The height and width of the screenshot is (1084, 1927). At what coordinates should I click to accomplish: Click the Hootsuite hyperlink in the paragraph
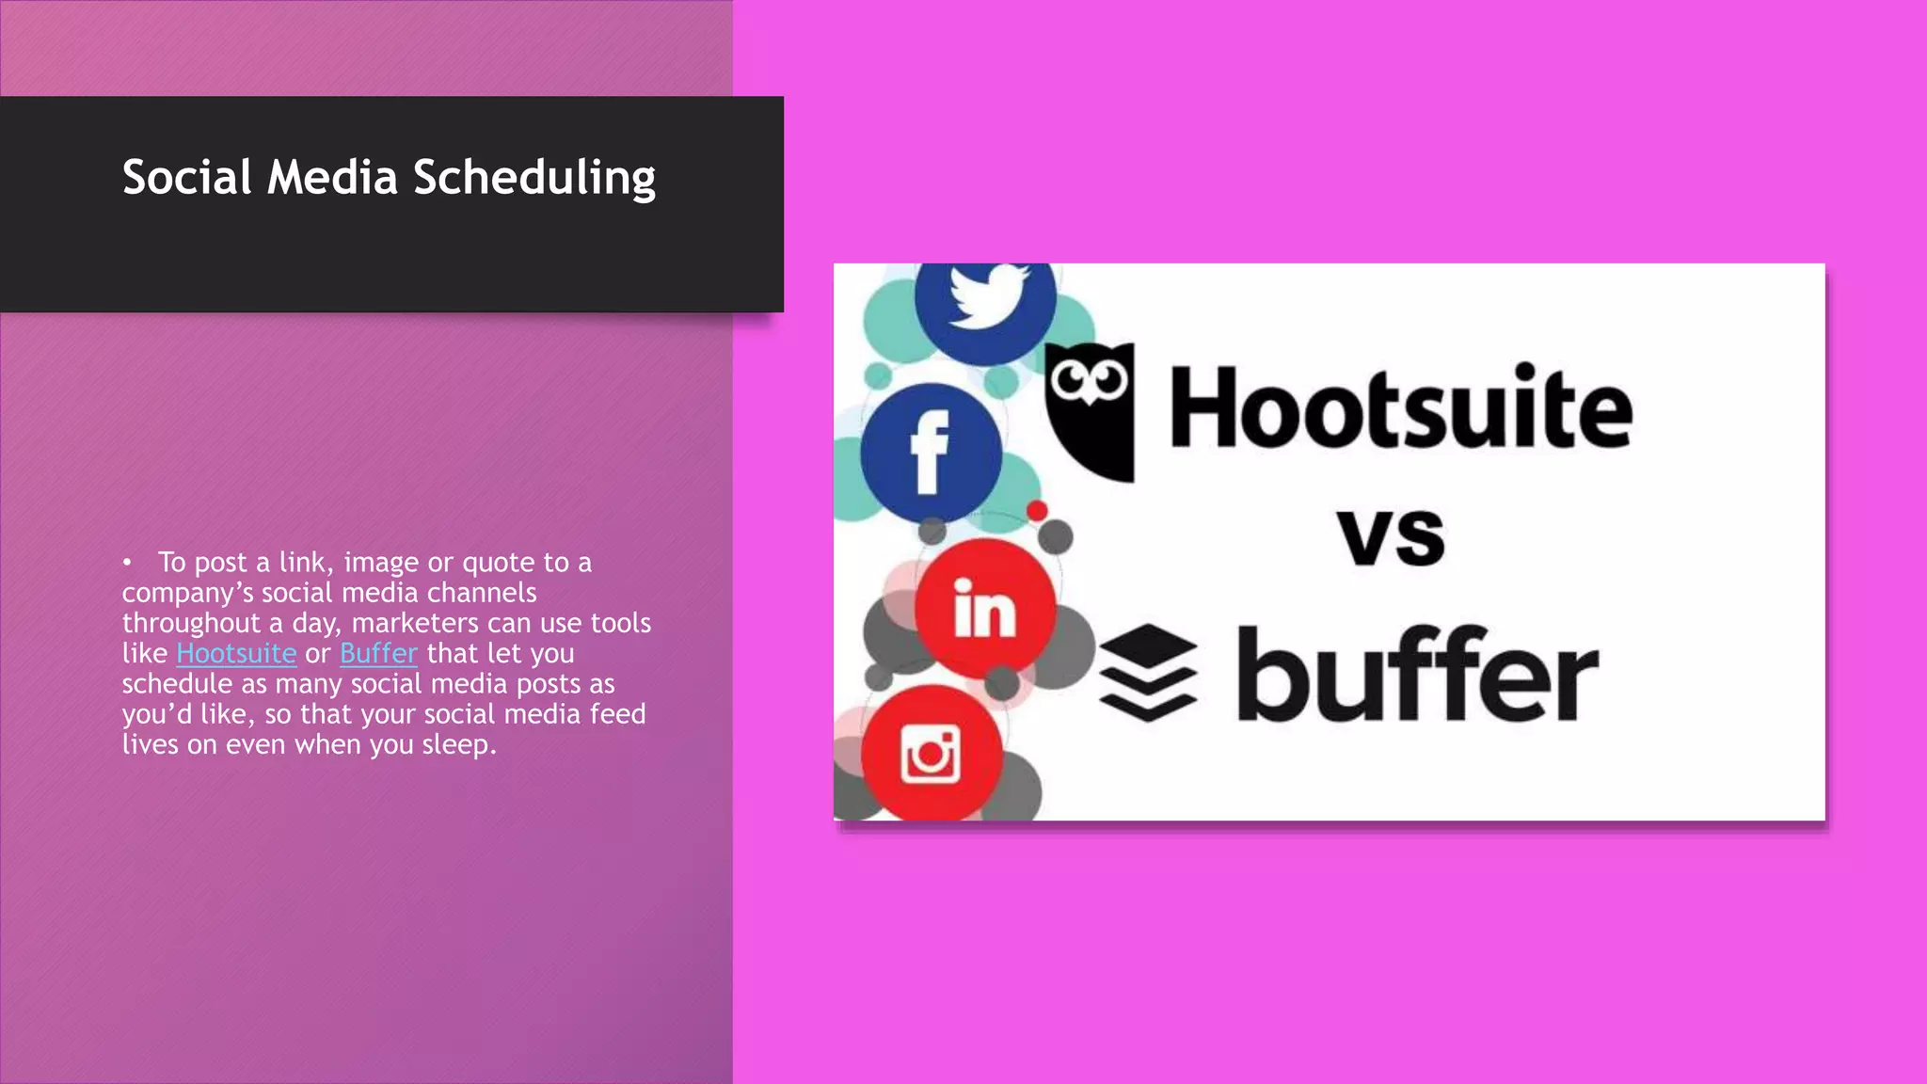coord(236,653)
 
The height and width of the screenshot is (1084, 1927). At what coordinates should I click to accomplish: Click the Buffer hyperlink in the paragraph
coord(378,653)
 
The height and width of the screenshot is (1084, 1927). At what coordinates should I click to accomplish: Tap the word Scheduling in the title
coord(534,178)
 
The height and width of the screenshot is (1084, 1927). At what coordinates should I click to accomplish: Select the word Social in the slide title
coord(187,177)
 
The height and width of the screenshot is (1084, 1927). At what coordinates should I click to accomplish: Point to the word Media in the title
coord(332,177)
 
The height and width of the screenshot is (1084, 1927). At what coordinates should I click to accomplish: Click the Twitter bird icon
coord(985,296)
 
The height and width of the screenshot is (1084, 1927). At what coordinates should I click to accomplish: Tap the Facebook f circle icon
coord(931,453)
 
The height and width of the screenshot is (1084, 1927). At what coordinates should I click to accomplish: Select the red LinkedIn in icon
coord(985,608)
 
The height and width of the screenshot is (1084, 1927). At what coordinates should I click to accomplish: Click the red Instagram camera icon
coord(931,753)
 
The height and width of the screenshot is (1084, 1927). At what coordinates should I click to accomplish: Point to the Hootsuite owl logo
coord(1091,410)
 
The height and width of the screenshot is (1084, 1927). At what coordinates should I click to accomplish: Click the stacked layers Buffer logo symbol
coord(1149,672)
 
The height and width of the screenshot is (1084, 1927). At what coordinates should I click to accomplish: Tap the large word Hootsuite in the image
coord(1400,408)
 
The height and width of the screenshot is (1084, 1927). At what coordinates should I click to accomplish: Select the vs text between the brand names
coord(1392,536)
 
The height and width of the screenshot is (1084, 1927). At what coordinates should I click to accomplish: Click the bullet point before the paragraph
coord(127,563)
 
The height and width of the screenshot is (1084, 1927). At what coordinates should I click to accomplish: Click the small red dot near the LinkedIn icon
coord(1037,511)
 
